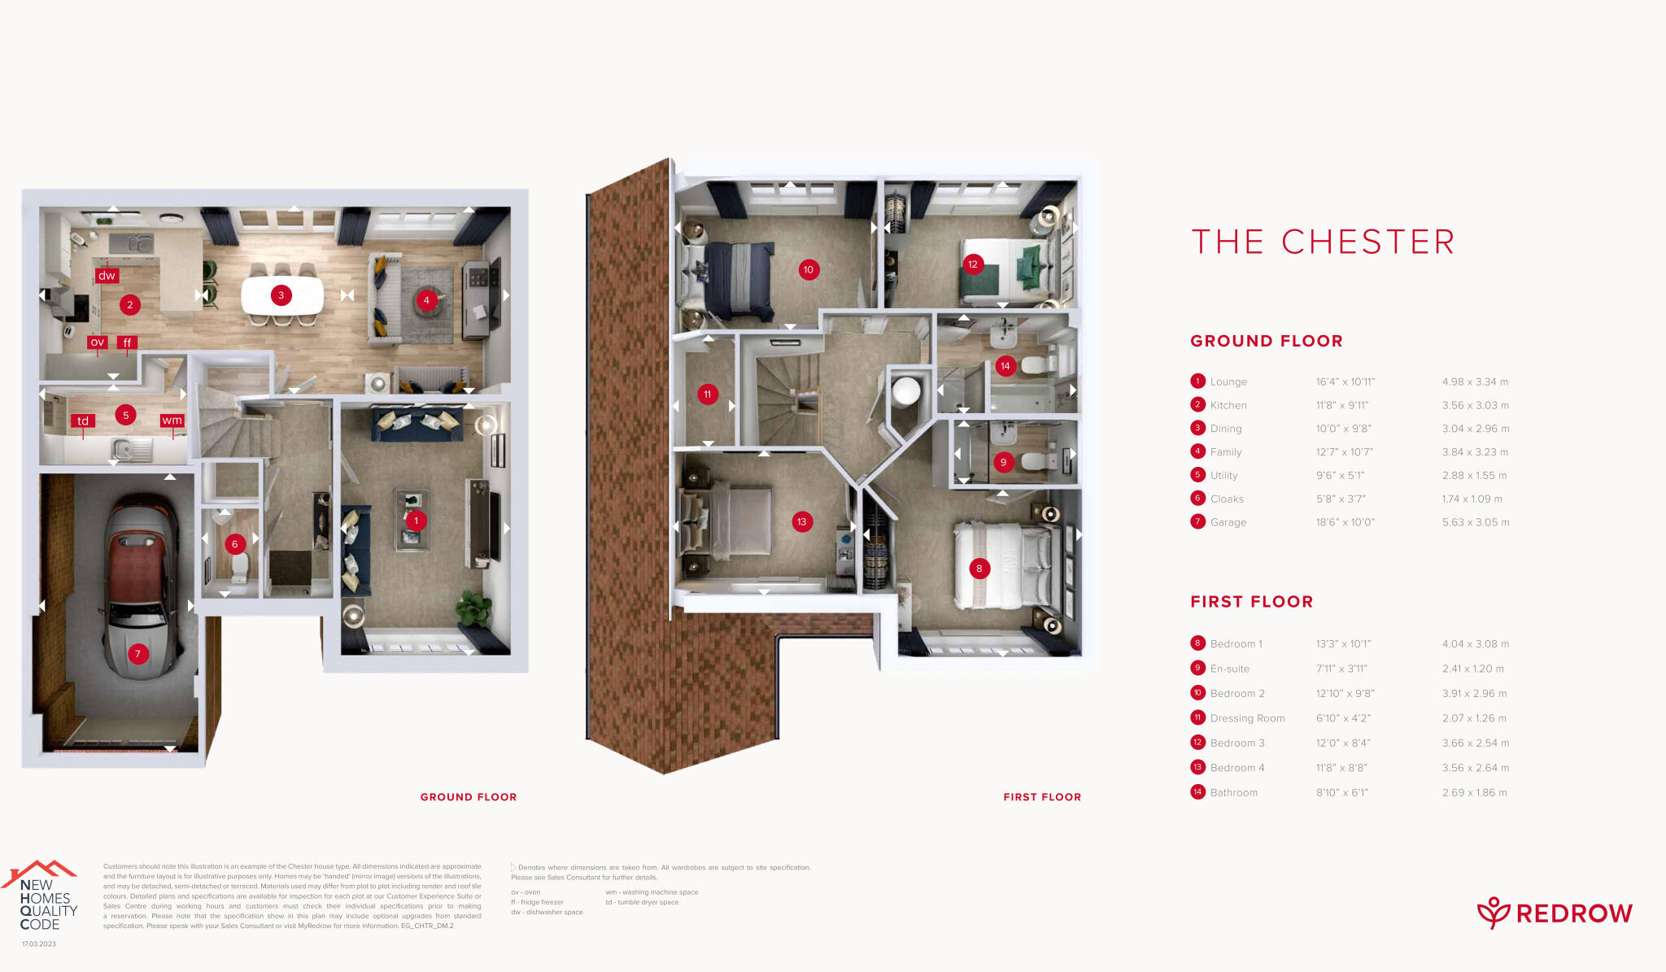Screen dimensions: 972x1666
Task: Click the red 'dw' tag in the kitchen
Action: tap(107, 276)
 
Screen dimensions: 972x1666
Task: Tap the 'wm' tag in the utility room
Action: tap(172, 421)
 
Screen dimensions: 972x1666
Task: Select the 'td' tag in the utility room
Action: tap(83, 421)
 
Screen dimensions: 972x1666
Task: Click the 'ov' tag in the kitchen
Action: tap(98, 342)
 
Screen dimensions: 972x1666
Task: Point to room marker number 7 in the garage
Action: tap(138, 653)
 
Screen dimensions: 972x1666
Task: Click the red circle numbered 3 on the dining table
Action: tap(281, 295)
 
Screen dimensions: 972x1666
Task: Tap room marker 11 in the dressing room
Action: tap(708, 394)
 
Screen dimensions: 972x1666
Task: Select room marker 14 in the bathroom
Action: tap(1005, 366)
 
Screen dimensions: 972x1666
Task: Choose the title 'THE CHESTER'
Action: tap(1323, 242)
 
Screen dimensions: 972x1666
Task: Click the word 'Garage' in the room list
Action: tap(1228, 522)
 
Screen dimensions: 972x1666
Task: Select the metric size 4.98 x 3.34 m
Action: tap(1475, 381)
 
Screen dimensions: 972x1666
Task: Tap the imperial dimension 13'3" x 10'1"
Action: tap(1343, 644)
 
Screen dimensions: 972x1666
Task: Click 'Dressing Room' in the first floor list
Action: tap(1247, 718)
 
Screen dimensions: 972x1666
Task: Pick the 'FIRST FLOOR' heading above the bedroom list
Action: tap(1251, 602)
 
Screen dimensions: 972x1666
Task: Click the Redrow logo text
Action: tap(1573, 913)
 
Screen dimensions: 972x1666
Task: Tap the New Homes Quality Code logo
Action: tap(45, 899)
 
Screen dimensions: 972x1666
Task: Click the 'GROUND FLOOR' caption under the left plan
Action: tap(469, 797)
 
